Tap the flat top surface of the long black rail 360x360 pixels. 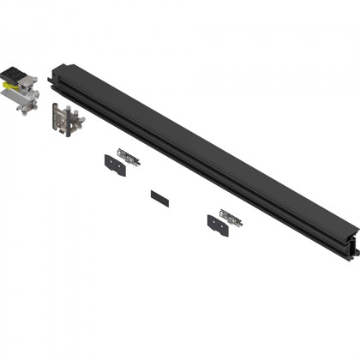point(197,146)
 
